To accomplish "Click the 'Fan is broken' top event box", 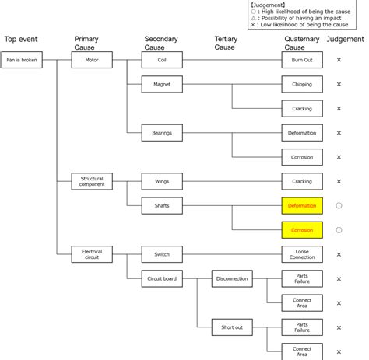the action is coord(22,60).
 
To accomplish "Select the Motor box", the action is coord(92,60).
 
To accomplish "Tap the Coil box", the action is coord(162,60).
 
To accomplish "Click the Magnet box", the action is coord(162,84).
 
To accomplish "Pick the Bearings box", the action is coord(162,133).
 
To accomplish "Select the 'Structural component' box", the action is coord(92,181).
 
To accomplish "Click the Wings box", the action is coord(162,181).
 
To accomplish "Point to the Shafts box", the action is coord(162,206).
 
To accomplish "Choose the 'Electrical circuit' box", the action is coord(92,254).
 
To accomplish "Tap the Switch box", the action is coord(162,254).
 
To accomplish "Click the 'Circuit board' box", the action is coord(162,278).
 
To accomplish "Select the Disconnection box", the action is coord(232,278).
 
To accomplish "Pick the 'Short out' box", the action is coord(232,327).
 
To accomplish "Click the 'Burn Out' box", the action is coord(302,60).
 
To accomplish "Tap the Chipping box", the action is coord(302,84).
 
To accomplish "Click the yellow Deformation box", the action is coord(302,206).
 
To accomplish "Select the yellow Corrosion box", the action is coord(302,230).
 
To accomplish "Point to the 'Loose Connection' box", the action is coord(302,254).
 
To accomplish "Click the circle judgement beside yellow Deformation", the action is coord(339,203).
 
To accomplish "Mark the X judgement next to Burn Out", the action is coord(339,60).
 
